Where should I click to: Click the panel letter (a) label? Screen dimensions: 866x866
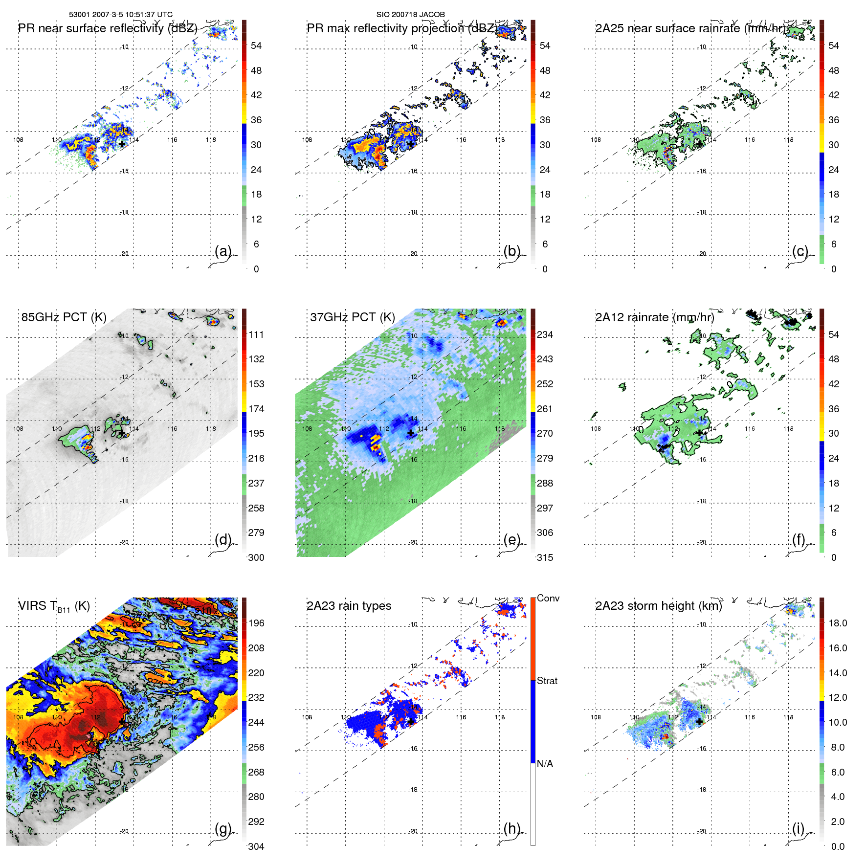pyautogui.click(x=222, y=251)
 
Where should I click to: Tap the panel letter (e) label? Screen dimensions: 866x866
pyautogui.click(x=511, y=540)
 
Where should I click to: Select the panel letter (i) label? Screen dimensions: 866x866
pyautogui.click(x=799, y=829)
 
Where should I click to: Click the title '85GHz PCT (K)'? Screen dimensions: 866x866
pyautogui.click(x=64, y=317)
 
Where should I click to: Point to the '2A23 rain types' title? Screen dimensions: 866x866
pyautogui.click(x=349, y=606)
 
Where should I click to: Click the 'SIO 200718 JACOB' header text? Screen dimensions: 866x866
pyautogui.click(x=410, y=14)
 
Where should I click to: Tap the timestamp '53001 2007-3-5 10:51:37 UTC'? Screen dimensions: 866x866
pyautogui.click(x=121, y=14)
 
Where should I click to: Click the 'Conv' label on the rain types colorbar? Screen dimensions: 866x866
pyautogui.click(x=548, y=598)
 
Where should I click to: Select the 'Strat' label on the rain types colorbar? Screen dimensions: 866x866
pyautogui.click(x=547, y=681)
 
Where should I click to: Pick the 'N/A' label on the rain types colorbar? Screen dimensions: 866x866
pyautogui.click(x=545, y=764)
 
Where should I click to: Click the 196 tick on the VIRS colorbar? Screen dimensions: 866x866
pyautogui.click(x=256, y=623)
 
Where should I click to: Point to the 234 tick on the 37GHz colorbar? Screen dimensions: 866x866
pyautogui.click(x=545, y=334)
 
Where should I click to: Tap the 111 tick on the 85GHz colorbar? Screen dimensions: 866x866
pyautogui.click(x=256, y=334)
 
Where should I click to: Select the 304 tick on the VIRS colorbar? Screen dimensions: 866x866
pyautogui.click(x=256, y=846)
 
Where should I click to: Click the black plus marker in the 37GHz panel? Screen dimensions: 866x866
pyautogui.click(x=411, y=433)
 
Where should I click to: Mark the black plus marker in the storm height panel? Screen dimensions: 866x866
pyautogui.click(x=700, y=721)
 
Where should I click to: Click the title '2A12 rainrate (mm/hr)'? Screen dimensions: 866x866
pyautogui.click(x=654, y=317)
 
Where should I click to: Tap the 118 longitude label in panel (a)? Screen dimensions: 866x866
pyautogui.click(x=211, y=140)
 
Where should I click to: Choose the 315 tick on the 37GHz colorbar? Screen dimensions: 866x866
pyautogui.click(x=545, y=557)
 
